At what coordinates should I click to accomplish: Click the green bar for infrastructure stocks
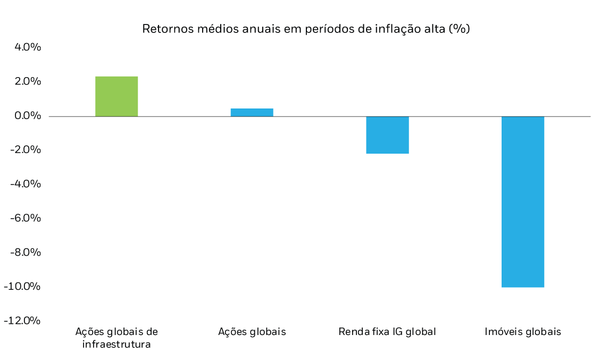click(x=116, y=96)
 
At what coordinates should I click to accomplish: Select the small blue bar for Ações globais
click(x=252, y=112)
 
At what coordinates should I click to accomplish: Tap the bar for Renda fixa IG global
click(x=387, y=135)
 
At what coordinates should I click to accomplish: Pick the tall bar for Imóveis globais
click(x=522, y=202)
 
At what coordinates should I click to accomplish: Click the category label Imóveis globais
click(x=522, y=332)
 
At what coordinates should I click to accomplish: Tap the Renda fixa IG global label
click(x=387, y=332)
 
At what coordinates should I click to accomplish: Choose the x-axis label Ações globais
click(x=252, y=332)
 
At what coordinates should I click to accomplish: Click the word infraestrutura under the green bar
click(x=116, y=344)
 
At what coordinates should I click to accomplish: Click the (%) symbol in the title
click(x=460, y=29)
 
